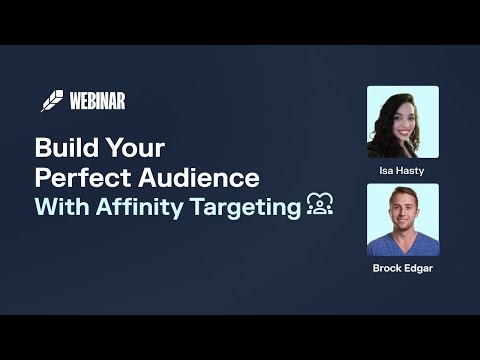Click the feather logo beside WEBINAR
click(x=52, y=101)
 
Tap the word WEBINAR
click(x=97, y=101)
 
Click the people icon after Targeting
click(x=320, y=207)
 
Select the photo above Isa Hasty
click(x=403, y=122)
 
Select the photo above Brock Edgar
click(x=403, y=219)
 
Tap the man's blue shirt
click(x=403, y=247)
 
